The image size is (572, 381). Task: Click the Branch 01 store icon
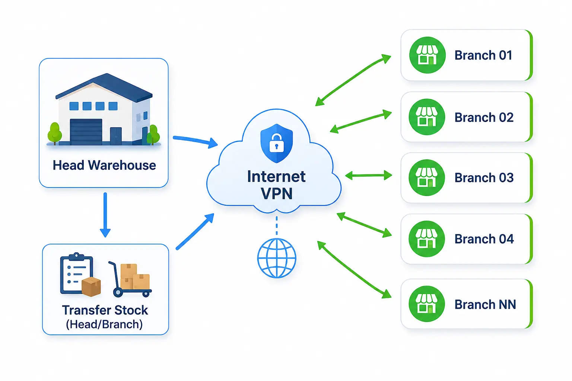(427, 55)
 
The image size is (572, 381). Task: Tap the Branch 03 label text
(484, 177)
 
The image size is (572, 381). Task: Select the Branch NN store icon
(427, 304)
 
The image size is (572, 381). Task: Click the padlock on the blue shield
(277, 143)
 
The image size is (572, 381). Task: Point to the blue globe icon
(277, 258)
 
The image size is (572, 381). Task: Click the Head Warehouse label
(104, 165)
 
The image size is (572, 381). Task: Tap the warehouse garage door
(86, 132)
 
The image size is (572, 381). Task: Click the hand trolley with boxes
(130, 279)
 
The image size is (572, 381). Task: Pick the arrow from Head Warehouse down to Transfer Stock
(105, 215)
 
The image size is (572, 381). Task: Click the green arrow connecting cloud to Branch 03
(368, 176)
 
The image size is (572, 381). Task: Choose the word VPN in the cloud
(277, 193)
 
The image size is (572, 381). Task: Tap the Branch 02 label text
(484, 117)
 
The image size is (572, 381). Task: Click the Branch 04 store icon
(427, 239)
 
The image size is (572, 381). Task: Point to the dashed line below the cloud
(277, 225)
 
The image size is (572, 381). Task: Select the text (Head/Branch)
(104, 324)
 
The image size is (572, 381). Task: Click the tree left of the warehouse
(55, 133)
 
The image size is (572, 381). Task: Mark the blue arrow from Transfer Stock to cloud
(195, 231)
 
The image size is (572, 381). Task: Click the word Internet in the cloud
(276, 176)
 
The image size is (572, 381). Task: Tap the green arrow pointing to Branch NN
(354, 269)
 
